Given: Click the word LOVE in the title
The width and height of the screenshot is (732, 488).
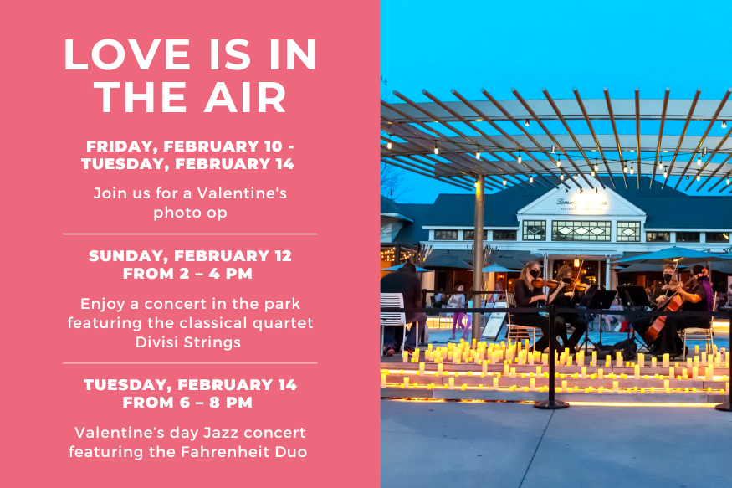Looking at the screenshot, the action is tap(126, 54).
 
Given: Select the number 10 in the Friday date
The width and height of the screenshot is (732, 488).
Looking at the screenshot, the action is tap(273, 146).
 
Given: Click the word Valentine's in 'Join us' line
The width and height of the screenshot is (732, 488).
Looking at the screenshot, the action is tap(242, 193).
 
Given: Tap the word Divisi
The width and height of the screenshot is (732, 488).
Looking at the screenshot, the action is tap(157, 342).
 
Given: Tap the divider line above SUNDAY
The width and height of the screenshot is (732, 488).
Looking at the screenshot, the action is tap(190, 234).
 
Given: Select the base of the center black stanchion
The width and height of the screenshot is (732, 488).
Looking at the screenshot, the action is tap(551, 404).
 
